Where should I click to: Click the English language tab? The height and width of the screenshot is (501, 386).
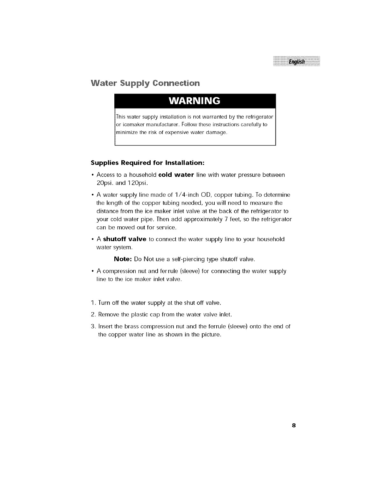(x=296, y=61)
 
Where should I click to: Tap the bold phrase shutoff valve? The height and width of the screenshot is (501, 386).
(x=125, y=239)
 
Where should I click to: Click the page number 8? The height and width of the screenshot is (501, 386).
(x=294, y=425)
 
